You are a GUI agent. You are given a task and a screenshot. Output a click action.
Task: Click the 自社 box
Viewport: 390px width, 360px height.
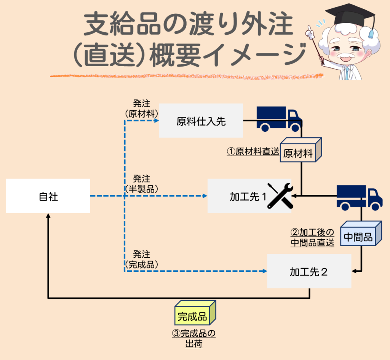coord(48,196)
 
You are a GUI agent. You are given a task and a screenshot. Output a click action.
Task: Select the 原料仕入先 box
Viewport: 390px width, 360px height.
coord(201,121)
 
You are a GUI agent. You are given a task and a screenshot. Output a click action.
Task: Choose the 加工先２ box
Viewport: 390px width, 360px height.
coord(309,271)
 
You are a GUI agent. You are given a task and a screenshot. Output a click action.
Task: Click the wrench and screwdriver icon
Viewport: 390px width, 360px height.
coord(280,196)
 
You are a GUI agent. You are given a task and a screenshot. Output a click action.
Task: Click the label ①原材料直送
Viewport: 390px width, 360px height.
coord(253,152)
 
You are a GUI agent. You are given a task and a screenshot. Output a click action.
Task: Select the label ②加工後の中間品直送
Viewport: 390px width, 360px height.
coord(312,237)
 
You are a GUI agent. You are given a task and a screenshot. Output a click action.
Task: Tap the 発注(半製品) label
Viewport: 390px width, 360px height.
coord(142,183)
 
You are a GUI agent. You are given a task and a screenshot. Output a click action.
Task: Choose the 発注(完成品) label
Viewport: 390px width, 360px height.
coord(142,259)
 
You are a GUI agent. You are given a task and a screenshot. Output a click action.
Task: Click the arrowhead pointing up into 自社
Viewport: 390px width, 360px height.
coord(48,216)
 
